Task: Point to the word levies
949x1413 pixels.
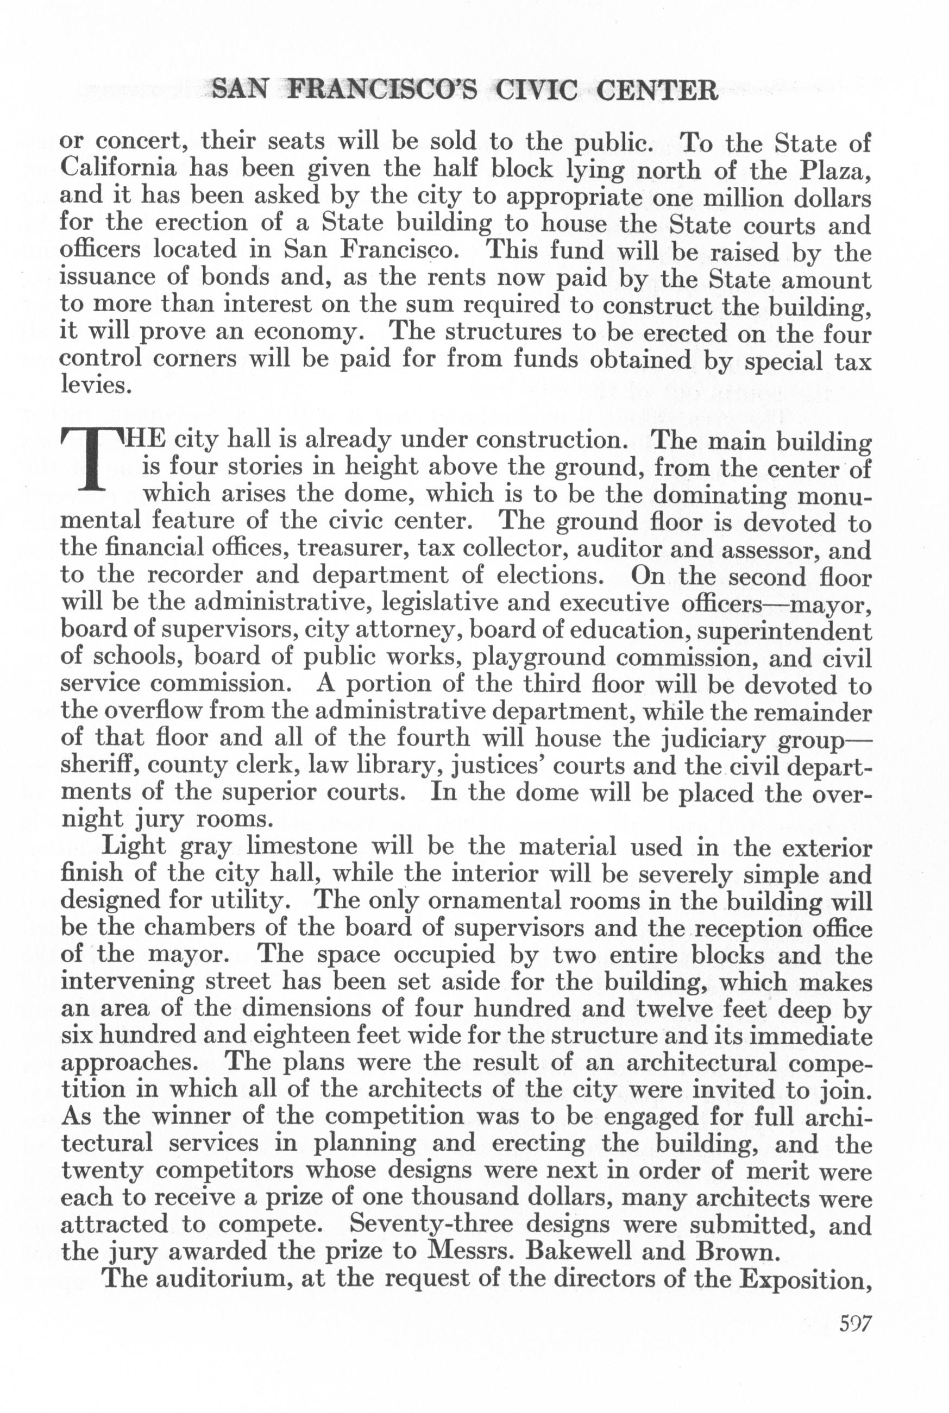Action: tap(96, 386)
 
